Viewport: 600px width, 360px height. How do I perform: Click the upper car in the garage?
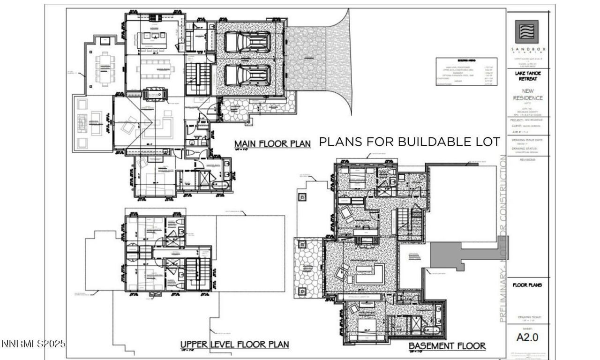(x=247, y=43)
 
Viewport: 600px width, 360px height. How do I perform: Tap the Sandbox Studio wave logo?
(x=526, y=32)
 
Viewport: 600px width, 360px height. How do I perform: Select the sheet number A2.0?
(x=526, y=337)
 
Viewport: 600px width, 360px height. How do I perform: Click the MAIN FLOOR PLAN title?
(x=272, y=143)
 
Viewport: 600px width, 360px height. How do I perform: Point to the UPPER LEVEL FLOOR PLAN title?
(x=234, y=345)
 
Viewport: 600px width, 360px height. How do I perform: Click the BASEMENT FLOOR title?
(x=447, y=346)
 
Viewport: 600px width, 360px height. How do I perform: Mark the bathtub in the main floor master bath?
(x=220, y=186)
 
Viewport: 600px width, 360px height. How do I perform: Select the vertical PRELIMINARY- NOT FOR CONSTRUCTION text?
(x=502, y=239)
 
